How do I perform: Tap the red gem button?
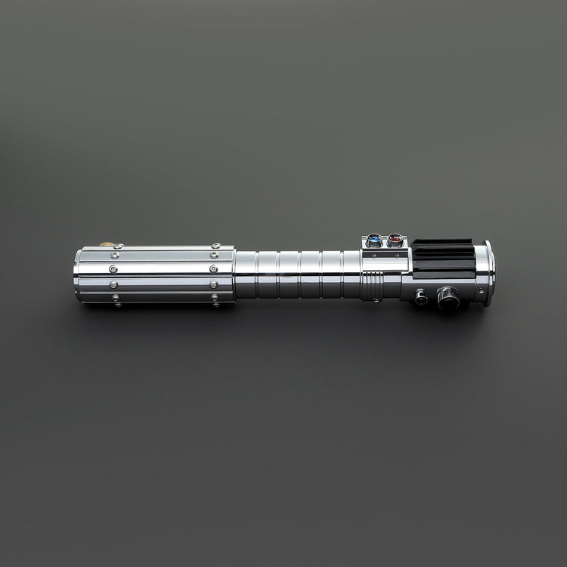394,241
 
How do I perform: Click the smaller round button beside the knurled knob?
421,296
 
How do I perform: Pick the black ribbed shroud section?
442,258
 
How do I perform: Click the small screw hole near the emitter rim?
479,290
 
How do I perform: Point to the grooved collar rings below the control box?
371,286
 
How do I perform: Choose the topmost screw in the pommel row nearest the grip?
216,246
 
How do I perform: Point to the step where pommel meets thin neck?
235,274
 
